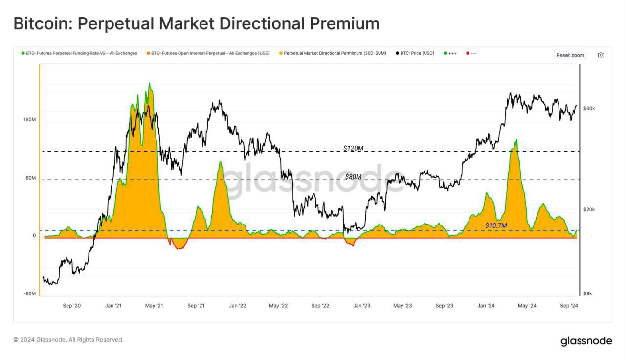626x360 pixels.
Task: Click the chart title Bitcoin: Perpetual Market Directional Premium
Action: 196,23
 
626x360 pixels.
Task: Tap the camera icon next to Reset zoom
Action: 601,55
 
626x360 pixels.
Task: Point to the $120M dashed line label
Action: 353,148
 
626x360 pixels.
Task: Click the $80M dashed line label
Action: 353,177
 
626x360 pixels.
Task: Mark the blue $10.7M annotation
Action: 496,225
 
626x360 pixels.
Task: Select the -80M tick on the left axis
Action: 29,293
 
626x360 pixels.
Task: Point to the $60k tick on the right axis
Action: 589,108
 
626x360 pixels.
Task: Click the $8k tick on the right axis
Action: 587,293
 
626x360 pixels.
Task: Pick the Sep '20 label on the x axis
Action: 72,306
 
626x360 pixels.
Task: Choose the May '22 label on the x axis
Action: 278,306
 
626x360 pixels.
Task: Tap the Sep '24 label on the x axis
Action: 569,306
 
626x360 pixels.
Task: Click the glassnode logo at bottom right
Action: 586,341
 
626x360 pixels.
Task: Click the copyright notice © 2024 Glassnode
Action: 68,339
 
